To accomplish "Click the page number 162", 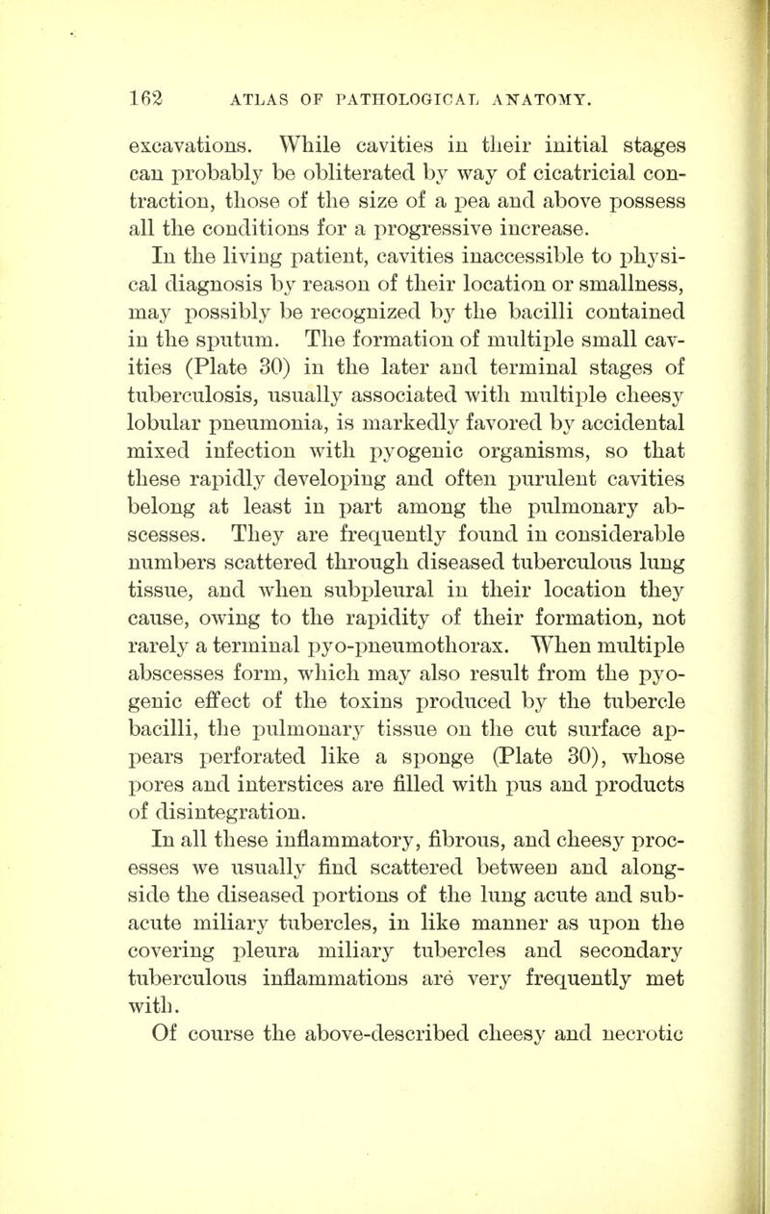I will [155, 94].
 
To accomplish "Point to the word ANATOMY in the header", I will [543, 94].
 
